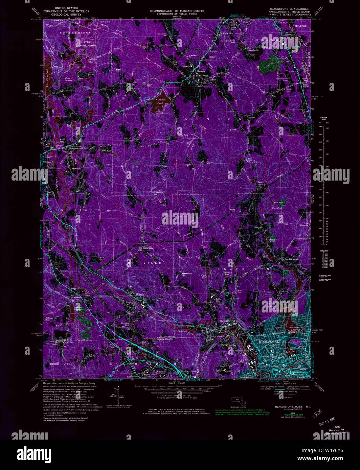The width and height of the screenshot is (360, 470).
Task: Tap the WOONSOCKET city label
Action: pyautogui.click(x=270, y=342)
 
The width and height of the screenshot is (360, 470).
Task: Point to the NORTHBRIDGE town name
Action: pyautogui.click(x=75, y=32)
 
